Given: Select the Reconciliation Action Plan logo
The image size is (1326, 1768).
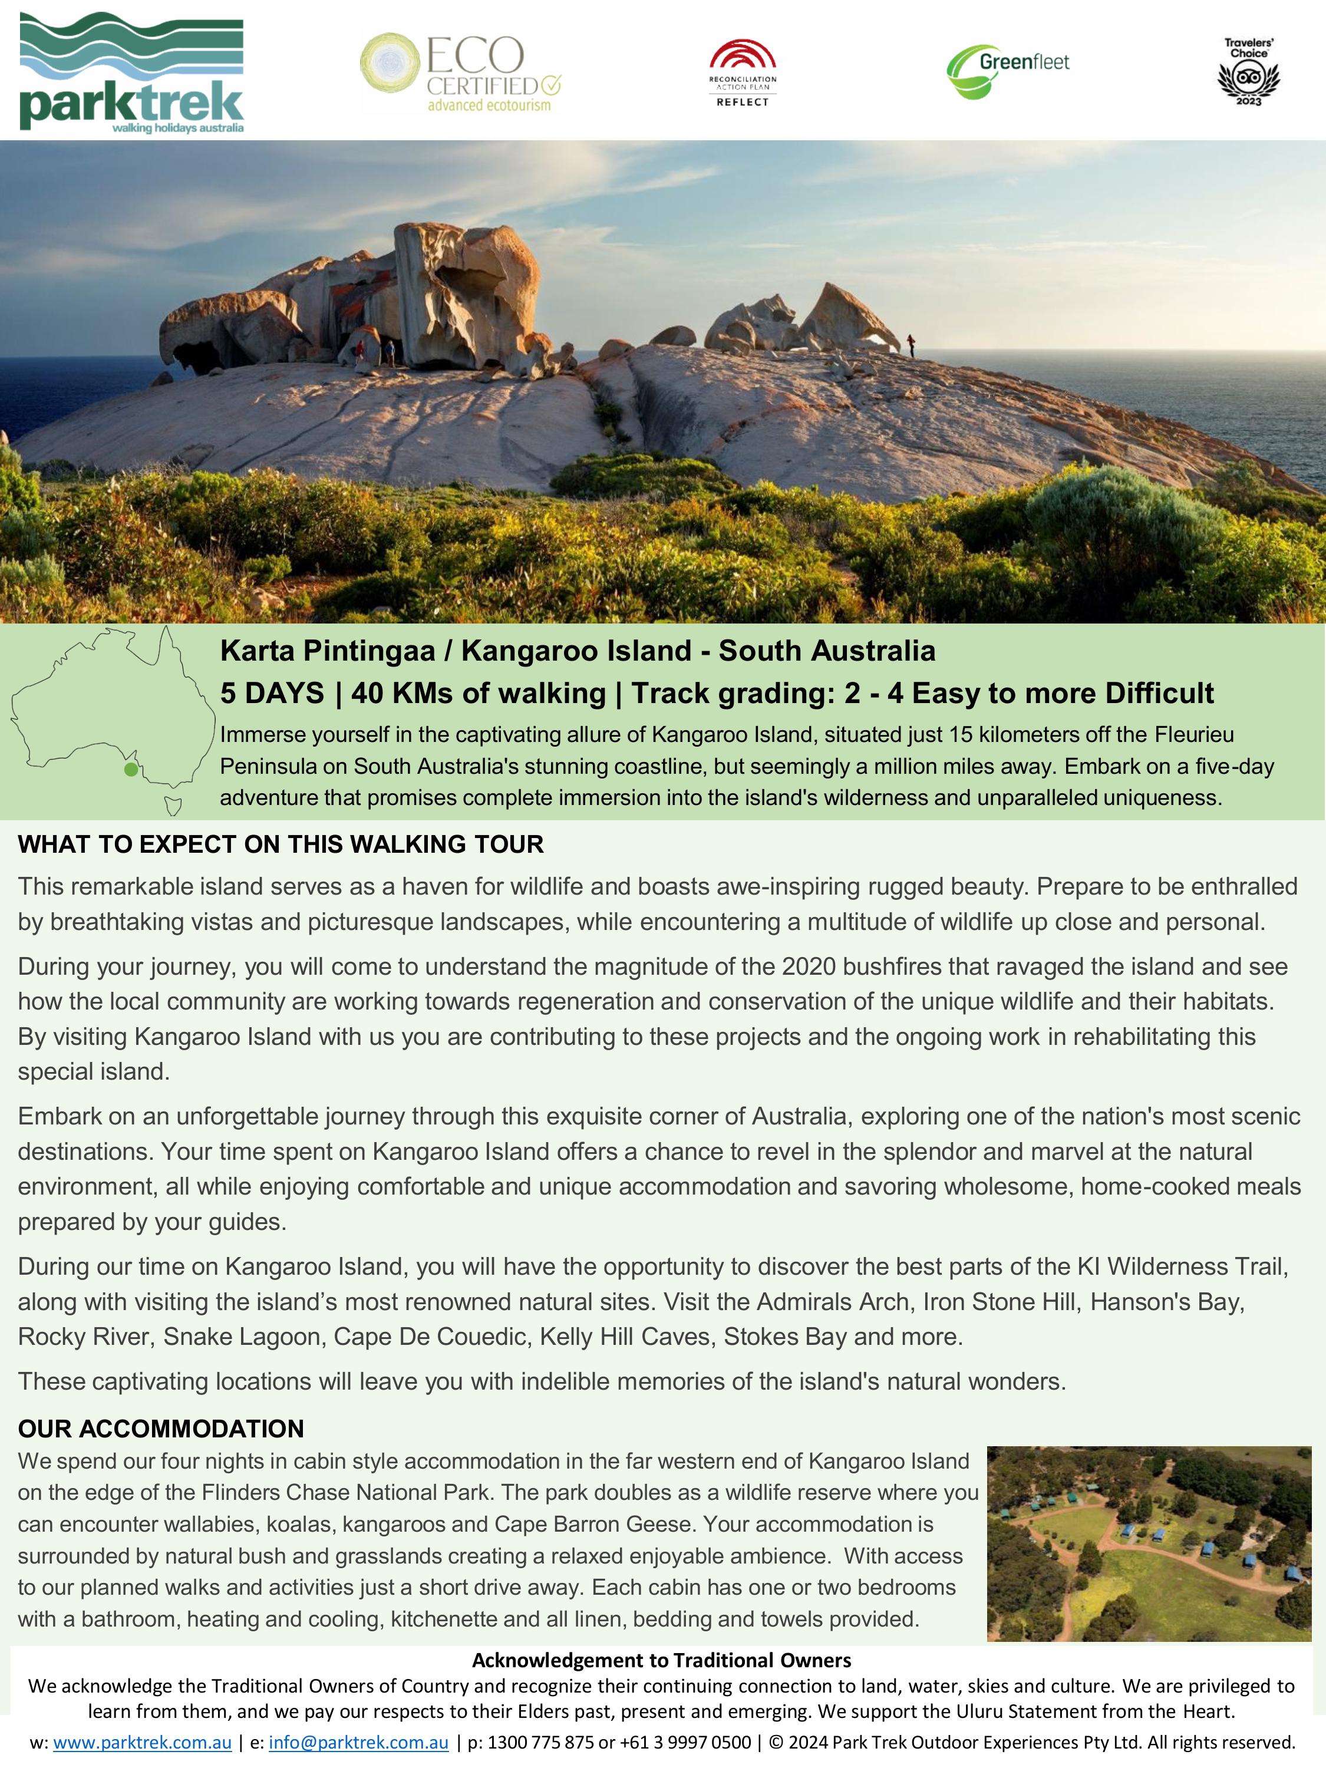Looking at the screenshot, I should point(743,72).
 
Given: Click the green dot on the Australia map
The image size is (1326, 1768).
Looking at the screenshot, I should point(131,770).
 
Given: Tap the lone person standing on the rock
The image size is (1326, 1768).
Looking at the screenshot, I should point(911,345).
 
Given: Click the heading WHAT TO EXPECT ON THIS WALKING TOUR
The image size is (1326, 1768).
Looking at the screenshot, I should point(281,844).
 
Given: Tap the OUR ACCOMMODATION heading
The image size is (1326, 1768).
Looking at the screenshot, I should point(161,1429).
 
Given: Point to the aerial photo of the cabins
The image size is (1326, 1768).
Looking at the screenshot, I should point(1149,1543).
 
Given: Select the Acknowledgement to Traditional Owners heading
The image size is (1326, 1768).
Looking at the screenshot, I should point(662,1660).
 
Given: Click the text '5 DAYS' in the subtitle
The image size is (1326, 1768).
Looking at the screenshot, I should point(272,693).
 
